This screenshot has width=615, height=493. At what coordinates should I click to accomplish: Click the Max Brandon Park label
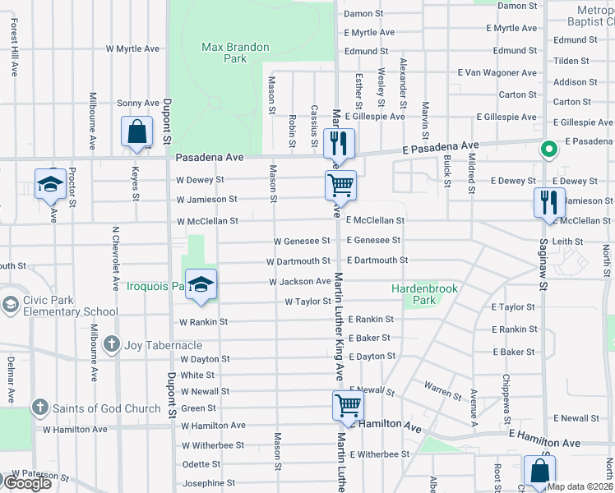click(x=235, y=53)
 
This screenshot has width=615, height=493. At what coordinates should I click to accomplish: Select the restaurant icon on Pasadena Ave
click(x=339, y=145)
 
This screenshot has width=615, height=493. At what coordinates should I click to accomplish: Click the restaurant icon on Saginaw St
click(x=549, y=202)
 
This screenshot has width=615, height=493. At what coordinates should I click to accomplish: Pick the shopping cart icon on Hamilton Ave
click(x=348, y=406)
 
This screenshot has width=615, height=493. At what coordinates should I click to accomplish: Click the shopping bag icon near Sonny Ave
click(x=136, y=132)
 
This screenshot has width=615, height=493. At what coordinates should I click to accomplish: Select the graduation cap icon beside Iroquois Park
click(x=201, y=284)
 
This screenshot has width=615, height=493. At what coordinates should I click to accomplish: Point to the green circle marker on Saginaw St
click(x=547, y=150)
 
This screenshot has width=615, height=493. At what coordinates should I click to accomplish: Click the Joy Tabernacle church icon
click(x=112, y=344)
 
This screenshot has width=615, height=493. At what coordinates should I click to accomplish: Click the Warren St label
click(x=443, y=389)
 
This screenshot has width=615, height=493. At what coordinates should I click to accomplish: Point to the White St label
click(x=197, y=375)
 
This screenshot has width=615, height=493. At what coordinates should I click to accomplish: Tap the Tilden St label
click(x=571, y=61)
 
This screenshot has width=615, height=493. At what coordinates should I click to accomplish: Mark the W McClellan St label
click(x=207, y=221)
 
